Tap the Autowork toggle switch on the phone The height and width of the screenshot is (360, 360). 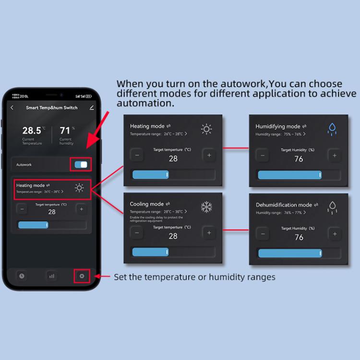(81, 165)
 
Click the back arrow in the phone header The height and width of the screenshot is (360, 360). (12, 108)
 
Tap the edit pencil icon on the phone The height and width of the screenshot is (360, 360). (92, 108)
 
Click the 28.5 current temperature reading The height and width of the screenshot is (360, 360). (32, 131)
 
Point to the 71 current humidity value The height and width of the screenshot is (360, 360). (65, 131)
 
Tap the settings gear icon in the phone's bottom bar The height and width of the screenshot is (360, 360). (82, 276)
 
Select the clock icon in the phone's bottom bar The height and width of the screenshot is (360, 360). (21, 276)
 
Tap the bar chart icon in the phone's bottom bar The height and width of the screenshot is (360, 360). (51, 276)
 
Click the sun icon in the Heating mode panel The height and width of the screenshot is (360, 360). (206, 129)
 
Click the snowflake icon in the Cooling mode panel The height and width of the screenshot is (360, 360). (206, 207)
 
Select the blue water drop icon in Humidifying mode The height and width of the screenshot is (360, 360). (332, 129)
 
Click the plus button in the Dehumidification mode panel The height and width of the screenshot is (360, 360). (334, 233)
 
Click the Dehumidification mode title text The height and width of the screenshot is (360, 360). (284, 205)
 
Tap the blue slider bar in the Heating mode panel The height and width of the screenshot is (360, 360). (150, 174)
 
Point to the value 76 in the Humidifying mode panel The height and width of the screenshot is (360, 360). (299, 159)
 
